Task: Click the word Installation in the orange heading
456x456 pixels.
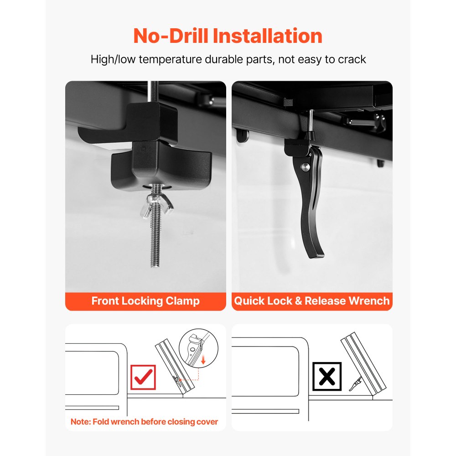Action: tap(268, 36)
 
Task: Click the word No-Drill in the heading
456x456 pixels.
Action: tap(171, 36)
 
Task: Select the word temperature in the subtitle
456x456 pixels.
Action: tap(170, 60)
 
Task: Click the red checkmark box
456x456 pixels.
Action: tap(143, 377)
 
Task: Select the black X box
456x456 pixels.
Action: tap(327, 376)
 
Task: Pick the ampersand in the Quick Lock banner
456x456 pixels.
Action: tap(298, 301)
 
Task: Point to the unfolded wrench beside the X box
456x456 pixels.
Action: tap(355, 384)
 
